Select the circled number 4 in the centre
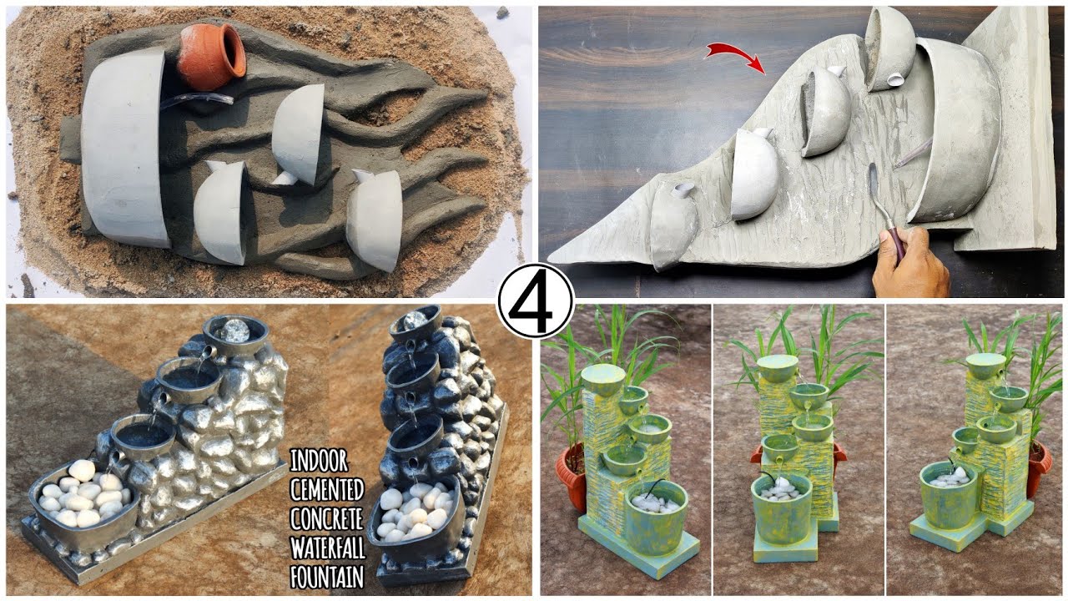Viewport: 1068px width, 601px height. pos(535,300)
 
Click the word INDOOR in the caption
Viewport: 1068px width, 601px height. pos(319,460)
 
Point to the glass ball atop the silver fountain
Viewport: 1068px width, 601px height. pos(234,328)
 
